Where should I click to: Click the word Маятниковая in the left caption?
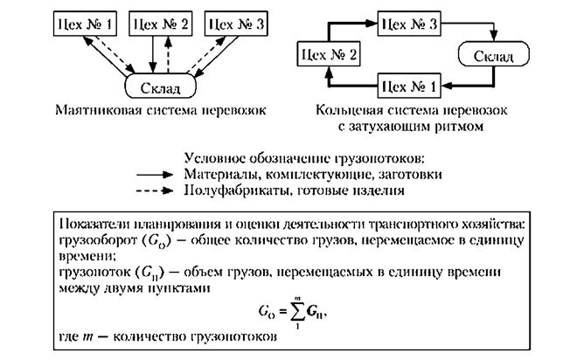pyautogui.click(x=94, y=112)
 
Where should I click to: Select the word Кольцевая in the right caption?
pyautogui.click(x=351, y=112)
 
